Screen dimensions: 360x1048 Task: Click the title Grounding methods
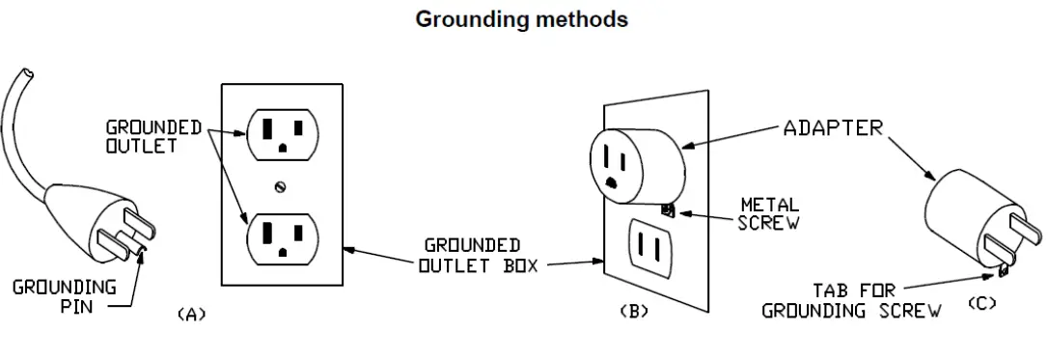[522, 19]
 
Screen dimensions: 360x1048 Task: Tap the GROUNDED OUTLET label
[154, 135]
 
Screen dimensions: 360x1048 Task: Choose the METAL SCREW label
[768, 212]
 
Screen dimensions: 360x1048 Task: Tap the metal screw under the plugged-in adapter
[665, 209]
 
